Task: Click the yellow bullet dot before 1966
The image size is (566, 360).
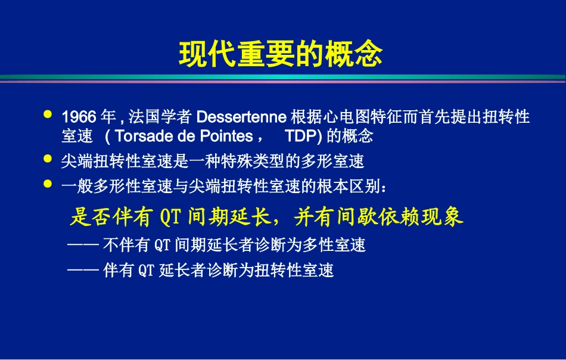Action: click(48, 113)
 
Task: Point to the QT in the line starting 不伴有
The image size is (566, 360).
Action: click(161, 245)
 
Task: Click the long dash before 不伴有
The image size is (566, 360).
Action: click(83, 245)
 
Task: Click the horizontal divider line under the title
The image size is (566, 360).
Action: click(282, 78)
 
